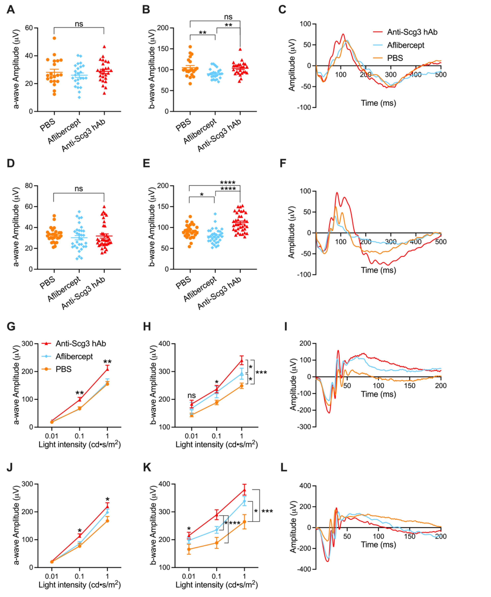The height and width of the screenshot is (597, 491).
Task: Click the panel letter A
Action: (x=11, y=10)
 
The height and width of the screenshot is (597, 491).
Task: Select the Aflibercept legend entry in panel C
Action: (x=405, y=45)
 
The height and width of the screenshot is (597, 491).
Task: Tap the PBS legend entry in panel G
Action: (x=63, y=369)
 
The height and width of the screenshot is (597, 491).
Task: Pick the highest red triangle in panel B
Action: (x=240, y=49)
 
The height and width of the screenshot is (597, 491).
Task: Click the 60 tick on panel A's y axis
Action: (x=29, y=28)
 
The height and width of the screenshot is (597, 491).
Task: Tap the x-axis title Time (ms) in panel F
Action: (x=378, y=270)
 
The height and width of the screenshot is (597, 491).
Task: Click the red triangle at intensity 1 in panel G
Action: (x=107, y=369)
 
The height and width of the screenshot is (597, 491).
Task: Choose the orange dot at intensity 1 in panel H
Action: (x=242, y=386)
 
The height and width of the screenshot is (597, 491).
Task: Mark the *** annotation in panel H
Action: (x=261, y=372)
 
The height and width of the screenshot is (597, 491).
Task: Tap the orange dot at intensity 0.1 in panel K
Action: (x=217, y=543)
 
